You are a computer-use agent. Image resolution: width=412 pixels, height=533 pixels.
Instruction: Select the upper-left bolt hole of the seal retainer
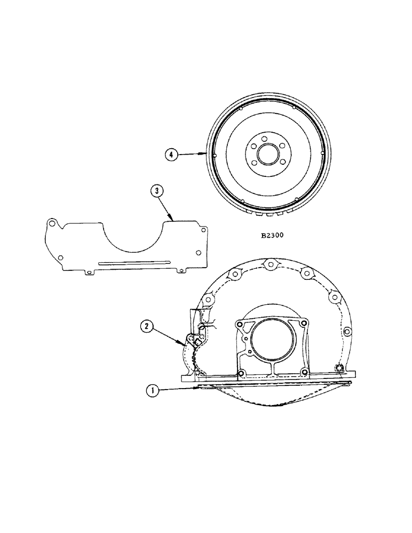pyautogui.click(x=240, y=325)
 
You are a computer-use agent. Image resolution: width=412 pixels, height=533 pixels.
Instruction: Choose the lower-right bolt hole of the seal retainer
pyautogui.click(x=304, y=372)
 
